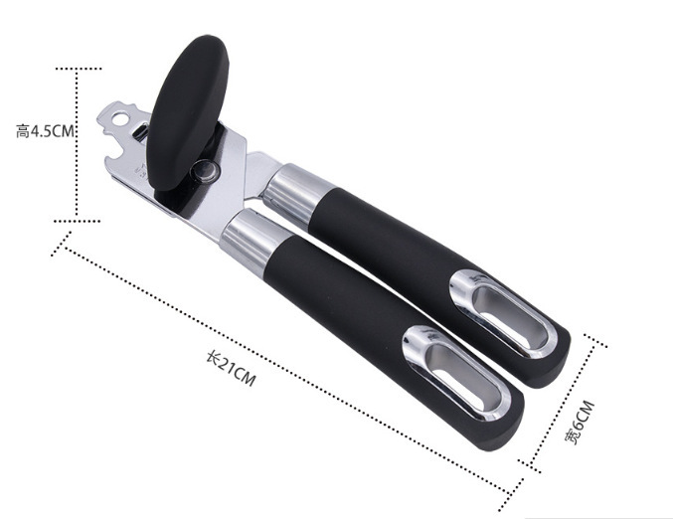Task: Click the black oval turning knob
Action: (187, 112)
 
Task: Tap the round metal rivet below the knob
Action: (205, 170)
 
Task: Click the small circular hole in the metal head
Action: (122, 118)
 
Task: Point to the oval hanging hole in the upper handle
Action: (504, 314)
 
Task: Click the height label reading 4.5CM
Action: (45, 131)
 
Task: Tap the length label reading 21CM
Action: (232, 368)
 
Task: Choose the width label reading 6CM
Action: (580, 422)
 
